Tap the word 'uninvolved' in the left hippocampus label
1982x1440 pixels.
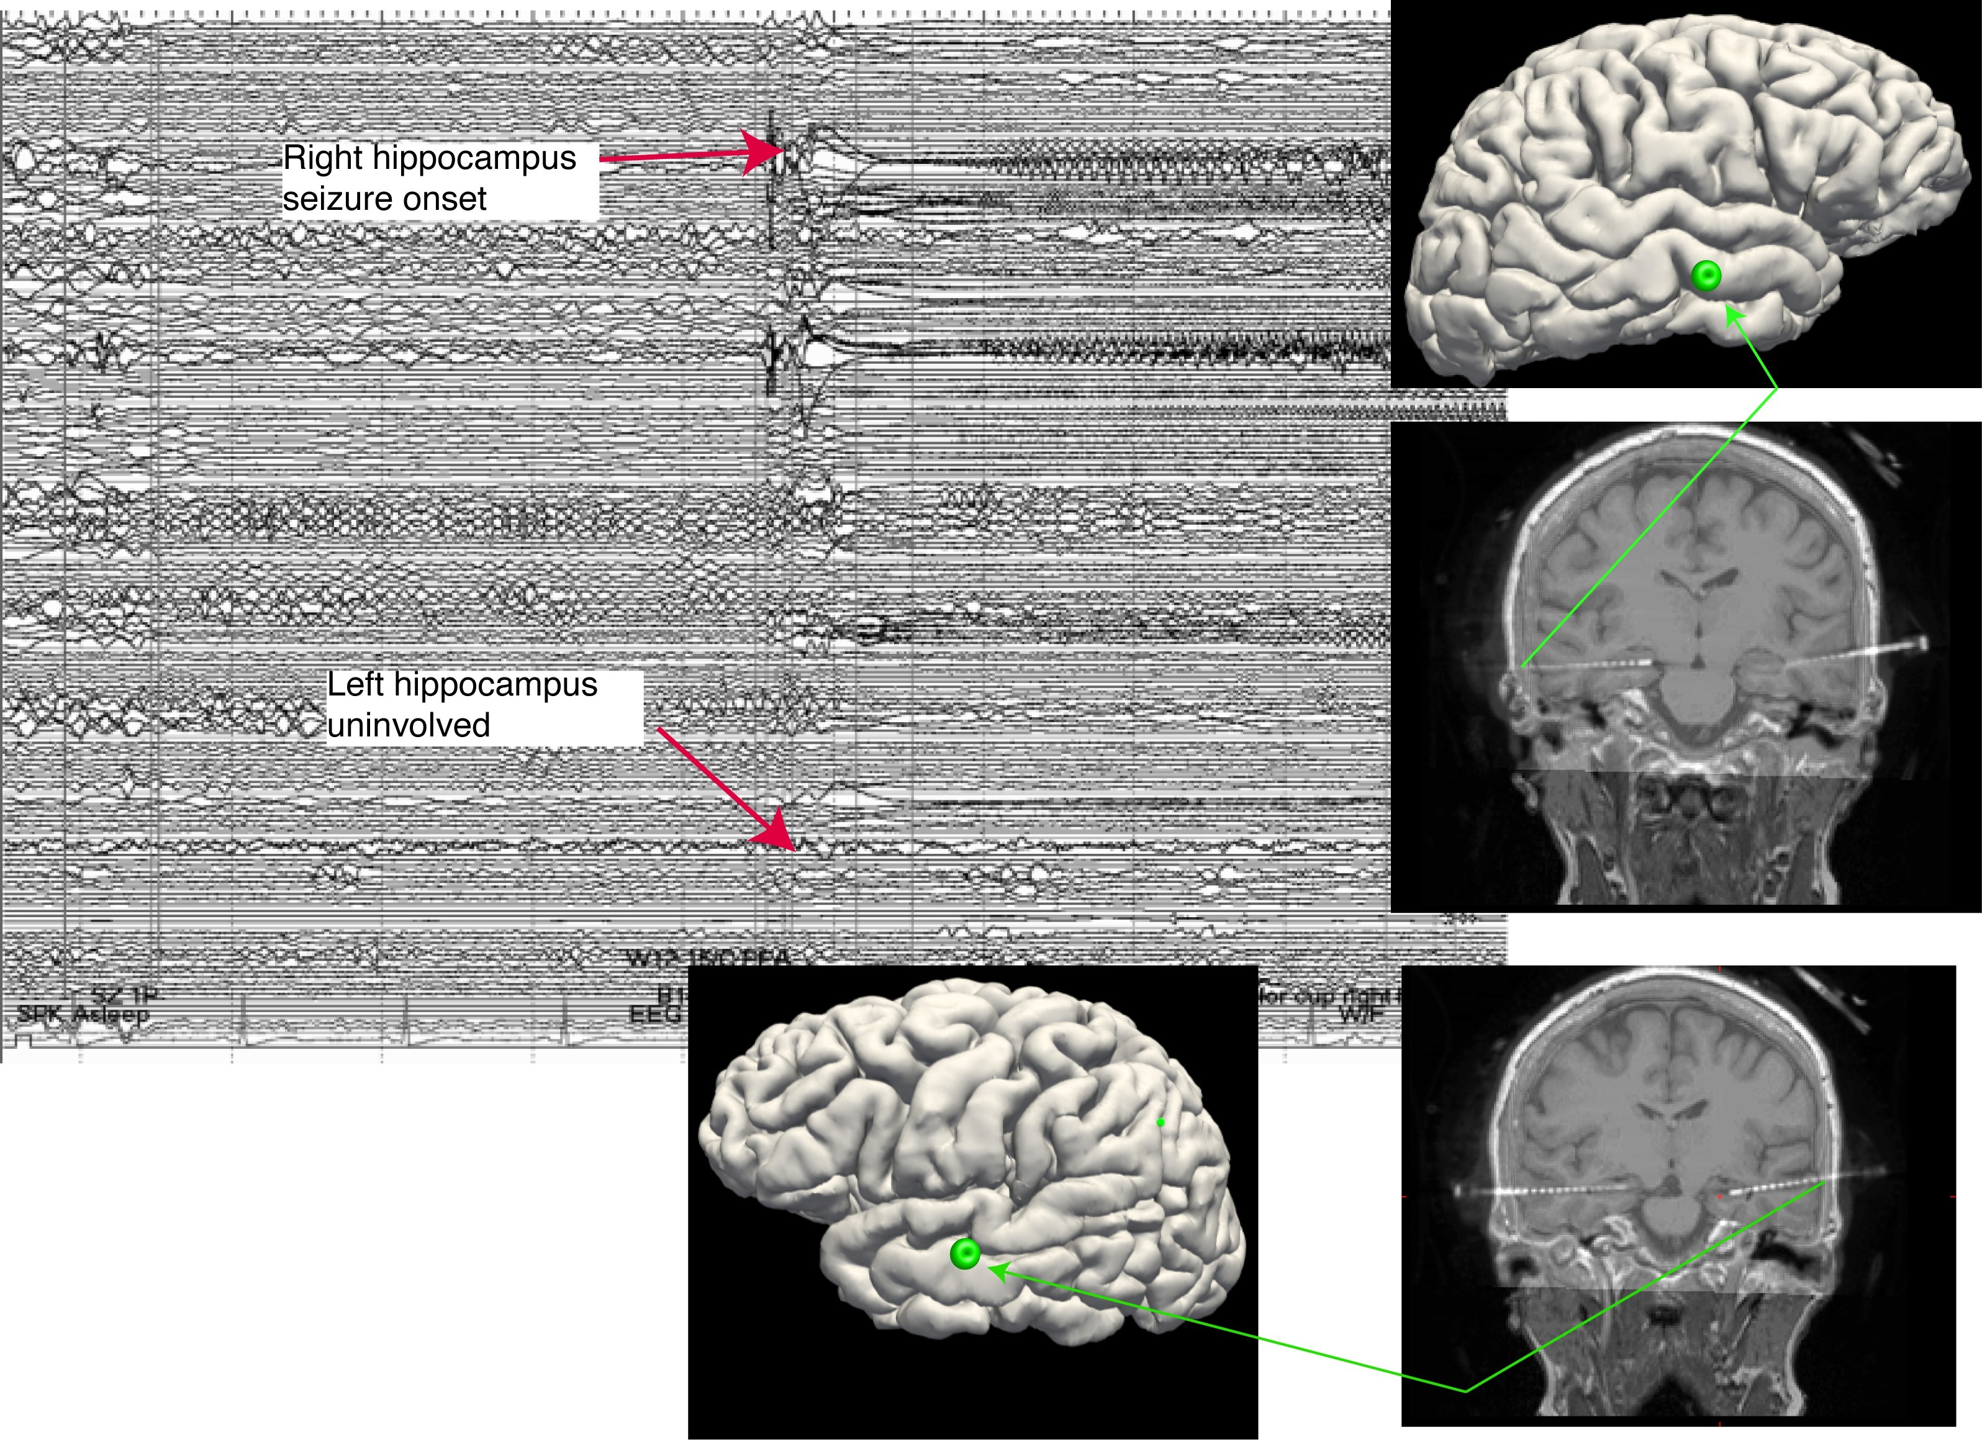point(408,725)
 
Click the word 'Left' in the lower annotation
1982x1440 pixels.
point(356,684)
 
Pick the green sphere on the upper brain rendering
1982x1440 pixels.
point(1706,276)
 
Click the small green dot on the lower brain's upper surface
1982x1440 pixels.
point(1160,1122)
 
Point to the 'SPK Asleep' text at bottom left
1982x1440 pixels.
point(83,1015)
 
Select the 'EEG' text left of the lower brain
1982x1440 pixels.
point(656,1015)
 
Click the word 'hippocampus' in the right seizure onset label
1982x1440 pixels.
point(474,158)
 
